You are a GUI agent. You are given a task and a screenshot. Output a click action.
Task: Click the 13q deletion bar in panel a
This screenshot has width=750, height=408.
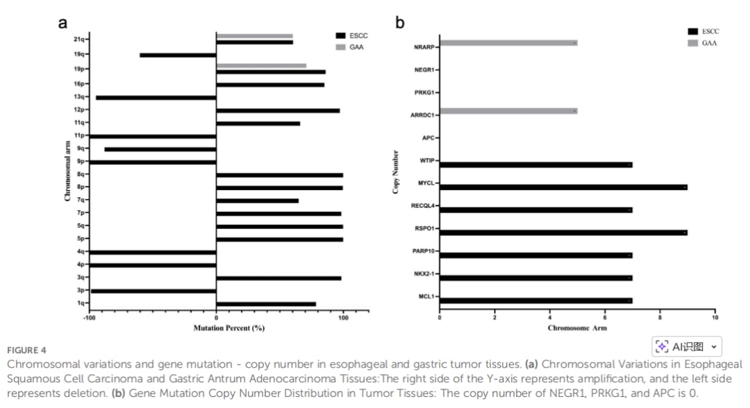[x=156, y=98]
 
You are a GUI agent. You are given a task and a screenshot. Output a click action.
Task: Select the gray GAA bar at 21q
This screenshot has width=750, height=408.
[x=254, y=36]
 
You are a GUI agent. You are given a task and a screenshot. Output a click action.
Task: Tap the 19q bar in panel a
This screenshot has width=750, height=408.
[x=178, y=55]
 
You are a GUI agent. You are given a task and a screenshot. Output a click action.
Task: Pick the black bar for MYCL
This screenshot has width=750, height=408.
[x=563, y=187]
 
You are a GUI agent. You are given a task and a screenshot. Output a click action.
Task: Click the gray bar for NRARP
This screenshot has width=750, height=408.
[x=508, y=43]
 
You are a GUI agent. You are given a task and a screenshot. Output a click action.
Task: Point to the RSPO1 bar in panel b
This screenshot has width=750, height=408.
[x=563, y=232]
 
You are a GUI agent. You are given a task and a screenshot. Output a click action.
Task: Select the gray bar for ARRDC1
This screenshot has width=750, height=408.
[x=508, y=111]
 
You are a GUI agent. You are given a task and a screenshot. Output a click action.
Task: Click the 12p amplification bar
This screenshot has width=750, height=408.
[x=278, y=110]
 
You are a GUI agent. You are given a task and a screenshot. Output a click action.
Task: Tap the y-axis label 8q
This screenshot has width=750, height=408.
[x=81, y=174]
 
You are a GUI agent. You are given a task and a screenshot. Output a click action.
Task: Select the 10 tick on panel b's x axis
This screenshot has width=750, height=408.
[x=715, y=318]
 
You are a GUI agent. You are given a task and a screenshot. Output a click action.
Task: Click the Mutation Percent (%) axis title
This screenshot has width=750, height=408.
[x=229, y=328]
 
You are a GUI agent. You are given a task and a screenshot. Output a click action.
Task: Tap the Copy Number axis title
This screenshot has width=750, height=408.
[x=396, y=171]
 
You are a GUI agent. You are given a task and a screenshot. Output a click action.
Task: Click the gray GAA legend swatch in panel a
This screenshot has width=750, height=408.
[x=340, y=47]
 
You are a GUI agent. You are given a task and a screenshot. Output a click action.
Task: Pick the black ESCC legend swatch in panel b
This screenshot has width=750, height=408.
[x=692, y=31]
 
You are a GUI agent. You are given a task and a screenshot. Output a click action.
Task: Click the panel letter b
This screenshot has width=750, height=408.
[x=399, y=23]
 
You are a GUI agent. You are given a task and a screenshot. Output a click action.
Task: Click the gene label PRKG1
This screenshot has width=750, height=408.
[x=424, y=92]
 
